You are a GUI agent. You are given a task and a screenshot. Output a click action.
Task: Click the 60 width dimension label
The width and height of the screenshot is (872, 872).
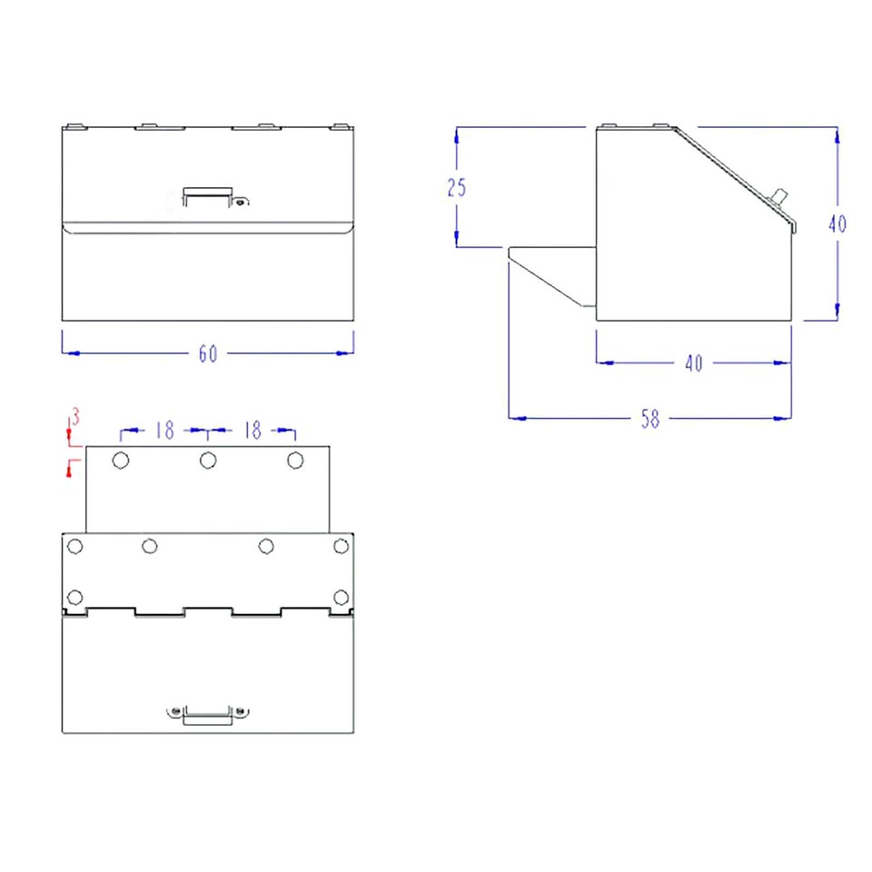click(x=208, y=354)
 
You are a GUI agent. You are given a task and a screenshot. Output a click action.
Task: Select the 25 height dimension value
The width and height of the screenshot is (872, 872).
click(x=457, y=188)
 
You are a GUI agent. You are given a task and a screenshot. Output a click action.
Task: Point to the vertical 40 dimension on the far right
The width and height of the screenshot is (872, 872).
click(x=837, y=223)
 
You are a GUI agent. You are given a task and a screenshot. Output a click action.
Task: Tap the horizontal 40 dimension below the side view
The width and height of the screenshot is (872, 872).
click(x=693, y=363)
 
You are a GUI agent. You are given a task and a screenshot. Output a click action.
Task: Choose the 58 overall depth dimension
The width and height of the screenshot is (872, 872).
click(x=649, y=420)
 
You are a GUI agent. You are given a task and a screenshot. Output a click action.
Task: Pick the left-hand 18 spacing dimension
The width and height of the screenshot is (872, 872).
click(x=164, y=431)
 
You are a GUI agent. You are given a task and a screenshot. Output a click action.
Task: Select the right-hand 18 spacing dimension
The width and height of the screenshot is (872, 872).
click(x=253, y=431)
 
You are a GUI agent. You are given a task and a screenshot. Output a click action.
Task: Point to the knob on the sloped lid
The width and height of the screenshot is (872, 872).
click(x=778, y=197)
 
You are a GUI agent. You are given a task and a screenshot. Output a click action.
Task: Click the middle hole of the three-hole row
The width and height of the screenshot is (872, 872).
click(x=208, y=461)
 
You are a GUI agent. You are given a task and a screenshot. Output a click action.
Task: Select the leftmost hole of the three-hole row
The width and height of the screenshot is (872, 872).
click(x=120, y=461)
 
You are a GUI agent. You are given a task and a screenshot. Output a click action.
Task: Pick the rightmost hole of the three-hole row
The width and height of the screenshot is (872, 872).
click(x=295, y=461)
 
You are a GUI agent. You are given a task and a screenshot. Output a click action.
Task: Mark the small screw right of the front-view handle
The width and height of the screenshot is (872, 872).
click(x=239, y=203)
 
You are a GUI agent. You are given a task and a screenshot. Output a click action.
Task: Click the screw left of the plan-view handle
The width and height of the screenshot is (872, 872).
click(x=176, y=710)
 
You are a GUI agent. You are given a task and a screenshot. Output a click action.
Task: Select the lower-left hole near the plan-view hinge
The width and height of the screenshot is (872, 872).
click(x=75, y=597)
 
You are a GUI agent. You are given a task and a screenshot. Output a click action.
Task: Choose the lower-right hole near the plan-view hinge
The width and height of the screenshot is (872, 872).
click(x=341, y=597)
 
